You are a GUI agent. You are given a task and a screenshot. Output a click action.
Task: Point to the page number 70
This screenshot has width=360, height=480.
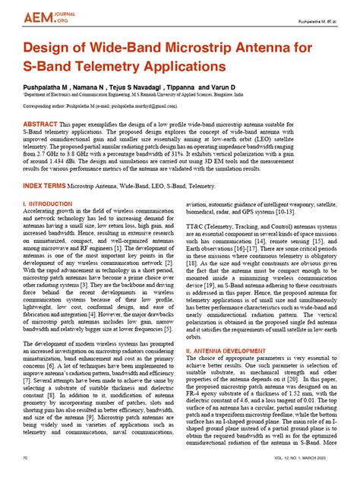click(x=26, y=458)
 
